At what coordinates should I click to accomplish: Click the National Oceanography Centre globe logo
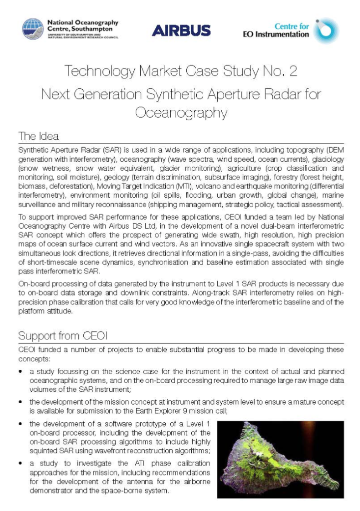(32, 29)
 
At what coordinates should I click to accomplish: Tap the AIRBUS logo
(181, 30)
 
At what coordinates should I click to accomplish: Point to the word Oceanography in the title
(181, 113)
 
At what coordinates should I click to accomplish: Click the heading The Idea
(38, 136)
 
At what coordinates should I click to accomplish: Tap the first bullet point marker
(20, 372)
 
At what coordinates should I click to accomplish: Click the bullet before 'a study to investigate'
(20, 464)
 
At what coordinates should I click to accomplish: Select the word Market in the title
(171, 71)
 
